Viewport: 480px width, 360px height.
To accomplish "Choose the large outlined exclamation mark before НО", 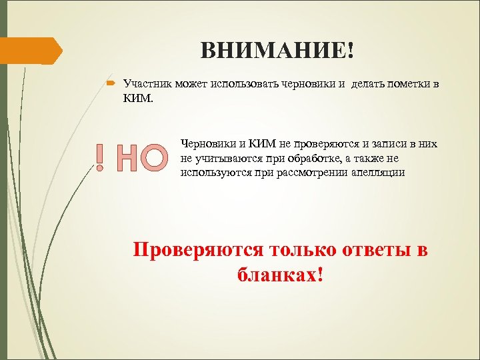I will (x=99, y=157).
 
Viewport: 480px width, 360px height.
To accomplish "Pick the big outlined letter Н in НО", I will (x=127, y=157).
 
